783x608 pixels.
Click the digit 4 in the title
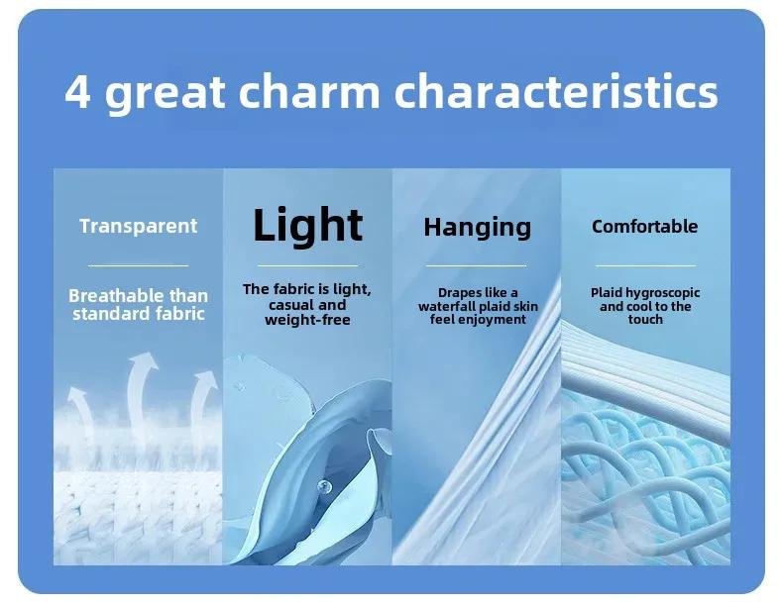pyautogui.click(x=78, y=92)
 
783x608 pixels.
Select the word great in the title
pyautogui.click(x=165, y=94)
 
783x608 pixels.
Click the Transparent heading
pyautogui.click(x=139, y=226)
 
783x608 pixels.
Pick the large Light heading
pyautogui.click(x=307, y=226)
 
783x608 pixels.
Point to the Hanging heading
pyautogui.click(x=477, y=228)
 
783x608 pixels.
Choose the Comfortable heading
pyautogui.click(x=644, y=227)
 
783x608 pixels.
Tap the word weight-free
pyautogui.click(x=307, y=320)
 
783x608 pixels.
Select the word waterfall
pyautogui.click(x=446, y=306)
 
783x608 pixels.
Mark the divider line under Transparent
pyautogui.click(x=139, y=265)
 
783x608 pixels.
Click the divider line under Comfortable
pyautogui.click(x=645, y=265)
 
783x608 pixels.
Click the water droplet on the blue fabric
pyautogui.click(x=323, y=485)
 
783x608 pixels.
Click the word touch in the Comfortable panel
pyautogui.click(x=645, y=320)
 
